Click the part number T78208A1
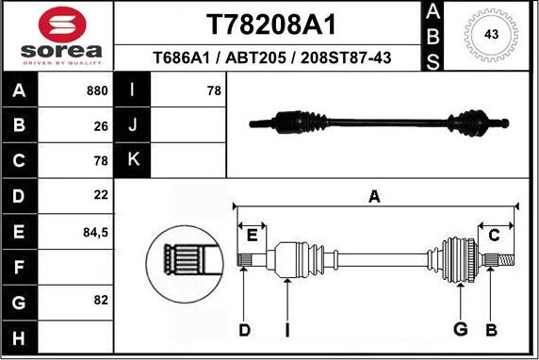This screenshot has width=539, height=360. tap(271, 23)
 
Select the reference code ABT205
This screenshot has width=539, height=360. tap(256, 58)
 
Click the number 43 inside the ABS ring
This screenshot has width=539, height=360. tap(490, 35)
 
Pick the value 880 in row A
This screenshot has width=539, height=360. tap(97, 91)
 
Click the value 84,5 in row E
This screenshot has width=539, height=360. tap(95, 230)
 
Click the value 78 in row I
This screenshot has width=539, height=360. tap(213, 91)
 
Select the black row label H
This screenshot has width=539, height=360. tap(20, 336)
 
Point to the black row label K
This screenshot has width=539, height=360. tap(132, 160)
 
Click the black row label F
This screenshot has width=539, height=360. tap(20, 267)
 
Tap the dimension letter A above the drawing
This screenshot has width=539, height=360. tap(374, 197)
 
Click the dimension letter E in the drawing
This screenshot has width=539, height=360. tap(252, 235)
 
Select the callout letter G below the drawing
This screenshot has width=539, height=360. tap(460, 329)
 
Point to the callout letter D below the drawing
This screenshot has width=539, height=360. tap(244, 329)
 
